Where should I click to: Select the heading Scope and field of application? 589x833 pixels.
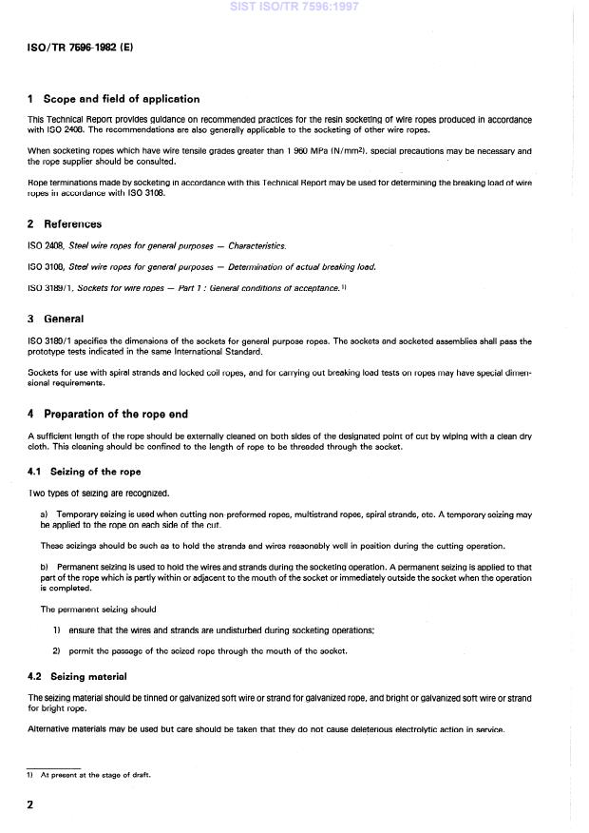point(121,99)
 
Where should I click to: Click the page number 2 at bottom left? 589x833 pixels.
point(30,805)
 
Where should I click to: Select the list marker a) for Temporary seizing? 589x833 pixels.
point(45,513)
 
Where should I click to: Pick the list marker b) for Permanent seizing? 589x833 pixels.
point(45,567)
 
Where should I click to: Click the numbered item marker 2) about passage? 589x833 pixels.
point(57,650)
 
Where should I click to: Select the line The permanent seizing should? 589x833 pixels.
point(98,610)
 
